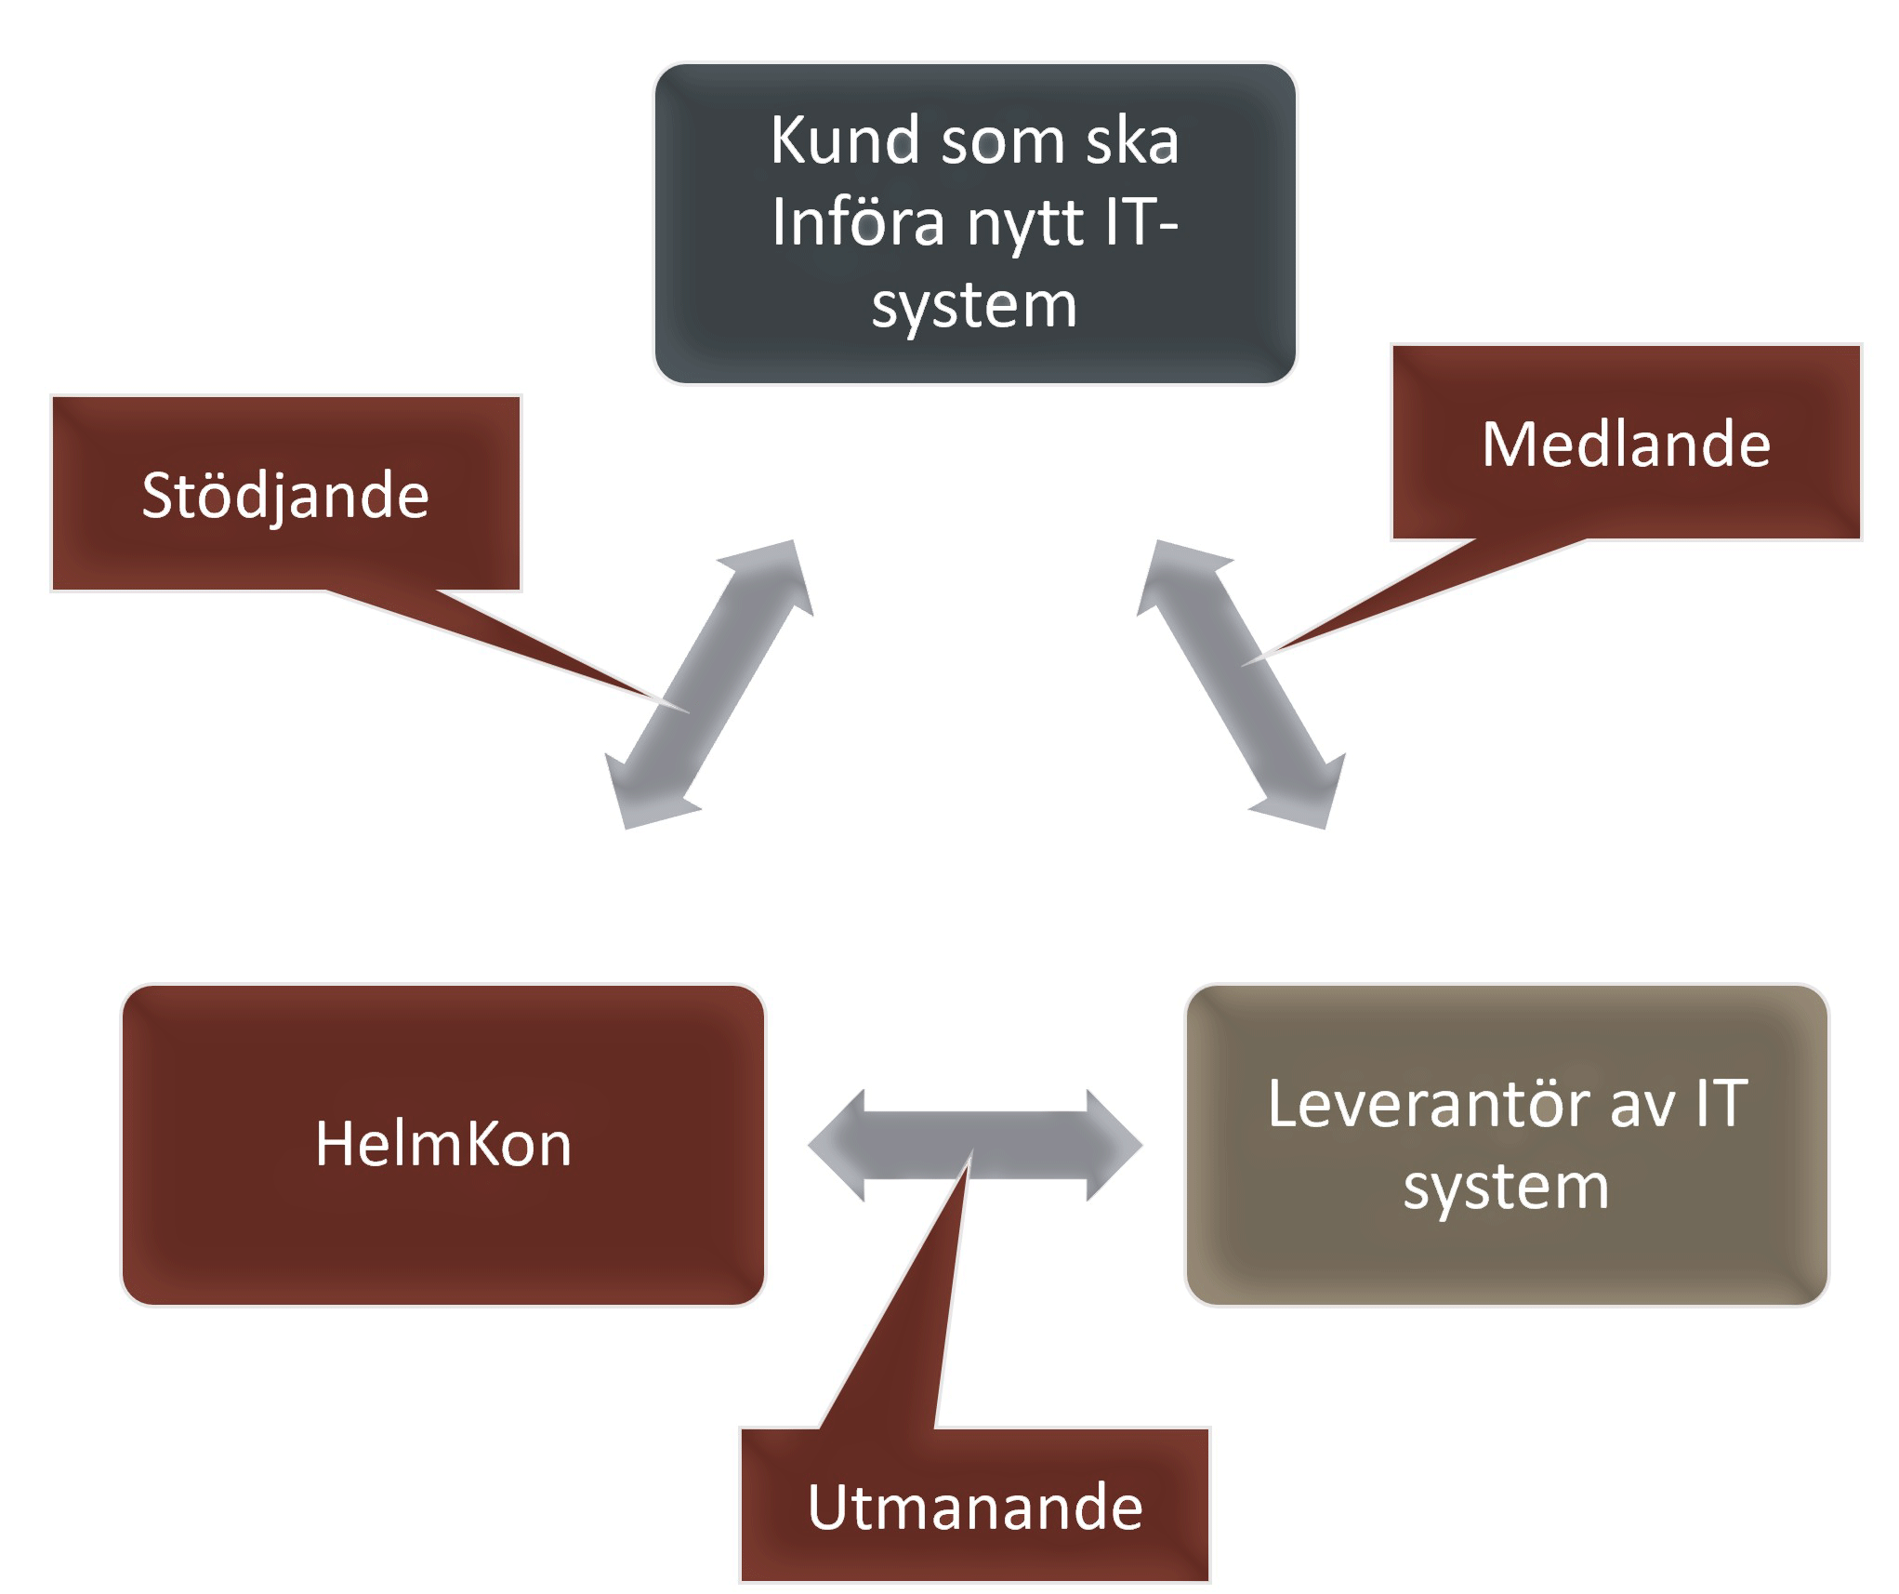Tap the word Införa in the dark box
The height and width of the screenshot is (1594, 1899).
(x=858, y=222)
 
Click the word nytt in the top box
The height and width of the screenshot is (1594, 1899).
(x=1025, y=224)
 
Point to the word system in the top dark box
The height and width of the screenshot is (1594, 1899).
(x=973, y=305)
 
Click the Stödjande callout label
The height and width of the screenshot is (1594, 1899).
(x=285, y=495)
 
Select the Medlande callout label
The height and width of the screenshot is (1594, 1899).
(x=1625, y=444)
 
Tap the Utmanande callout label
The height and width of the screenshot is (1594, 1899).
(x=974, y=1508)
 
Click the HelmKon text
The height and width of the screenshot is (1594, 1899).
(x=442, y=1144)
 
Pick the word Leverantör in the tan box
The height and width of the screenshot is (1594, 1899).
(x=1431, y=1104)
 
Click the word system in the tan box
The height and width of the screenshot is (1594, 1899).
(x=1506, y=1187)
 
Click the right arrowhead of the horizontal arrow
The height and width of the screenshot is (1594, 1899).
(x=1114, y=1146)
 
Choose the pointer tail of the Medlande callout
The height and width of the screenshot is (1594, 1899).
(x=1394, y=595)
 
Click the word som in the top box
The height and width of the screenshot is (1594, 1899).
(x=999, y=142)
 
